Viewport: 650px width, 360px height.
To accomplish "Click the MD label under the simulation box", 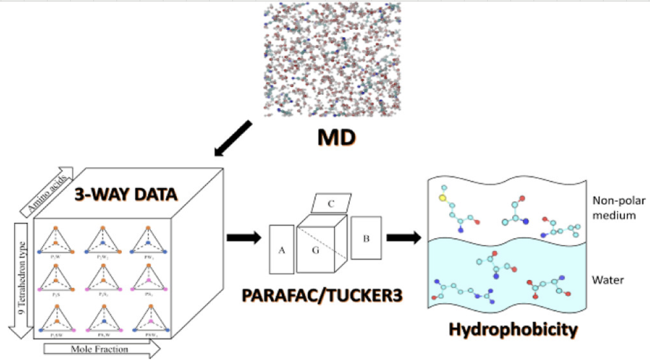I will pyautogui.click(x=336, y=137).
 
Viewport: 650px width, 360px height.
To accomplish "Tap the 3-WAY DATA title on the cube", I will pyautogui.click(x=126, y=194).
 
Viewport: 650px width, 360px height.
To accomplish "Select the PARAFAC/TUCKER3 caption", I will pyautogui.click(x=322, y=295).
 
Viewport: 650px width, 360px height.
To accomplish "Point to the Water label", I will pyautogui.click(x=608, y=280).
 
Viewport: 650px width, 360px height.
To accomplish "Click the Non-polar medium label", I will pyautogui.click(x=618, y=208).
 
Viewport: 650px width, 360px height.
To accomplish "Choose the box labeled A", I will pyautogui.click(x=282, y=250).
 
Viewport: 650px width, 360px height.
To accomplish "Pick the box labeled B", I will pyautogui.click(x=366, y=238).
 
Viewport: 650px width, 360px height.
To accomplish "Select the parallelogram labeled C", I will pyautogui.click(x=331, y=204).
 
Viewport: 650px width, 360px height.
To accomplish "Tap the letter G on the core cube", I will pyautogui.click(x=315, y=250).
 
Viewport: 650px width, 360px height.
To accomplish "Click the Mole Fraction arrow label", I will pyautogui.click(x=100, y=349).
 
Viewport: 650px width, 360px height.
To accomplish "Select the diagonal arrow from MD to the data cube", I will pyautogui.click(x=233, y=138).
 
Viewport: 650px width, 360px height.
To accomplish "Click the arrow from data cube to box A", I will pyautogui.click(x=244, y=238).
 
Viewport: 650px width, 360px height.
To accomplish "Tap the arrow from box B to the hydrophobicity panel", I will pyautogui.click(x=404, y=238).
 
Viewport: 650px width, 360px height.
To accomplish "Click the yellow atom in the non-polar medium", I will pyautogui.click(x=443, y=198).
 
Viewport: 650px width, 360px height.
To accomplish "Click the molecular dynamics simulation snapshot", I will pyautogui.click(x=332, y=60).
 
